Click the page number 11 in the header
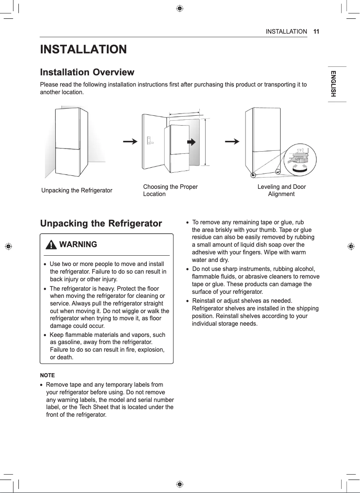(316, 32)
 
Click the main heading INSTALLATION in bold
(83, 49)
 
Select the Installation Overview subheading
(87, 72)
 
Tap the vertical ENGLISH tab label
(334, 84)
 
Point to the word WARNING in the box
(78, 244)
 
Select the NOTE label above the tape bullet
(48, 375)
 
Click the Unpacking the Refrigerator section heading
(101, 223)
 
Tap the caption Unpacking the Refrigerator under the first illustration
(77, 190)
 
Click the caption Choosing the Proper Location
(170, 190)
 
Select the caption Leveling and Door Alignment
(281, 190)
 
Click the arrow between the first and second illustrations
(130, 141)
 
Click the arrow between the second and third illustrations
(232, 141)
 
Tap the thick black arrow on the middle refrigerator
(192, 142)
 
